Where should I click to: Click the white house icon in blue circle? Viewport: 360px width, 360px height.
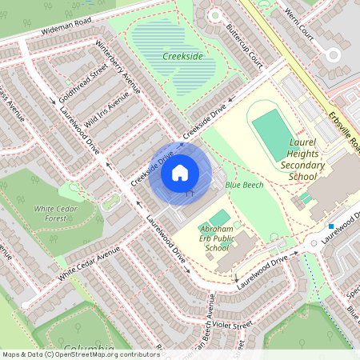180,172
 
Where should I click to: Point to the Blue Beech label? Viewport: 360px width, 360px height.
244,186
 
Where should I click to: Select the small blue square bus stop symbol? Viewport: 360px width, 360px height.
330,226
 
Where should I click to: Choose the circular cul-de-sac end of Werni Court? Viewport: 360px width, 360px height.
333,54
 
